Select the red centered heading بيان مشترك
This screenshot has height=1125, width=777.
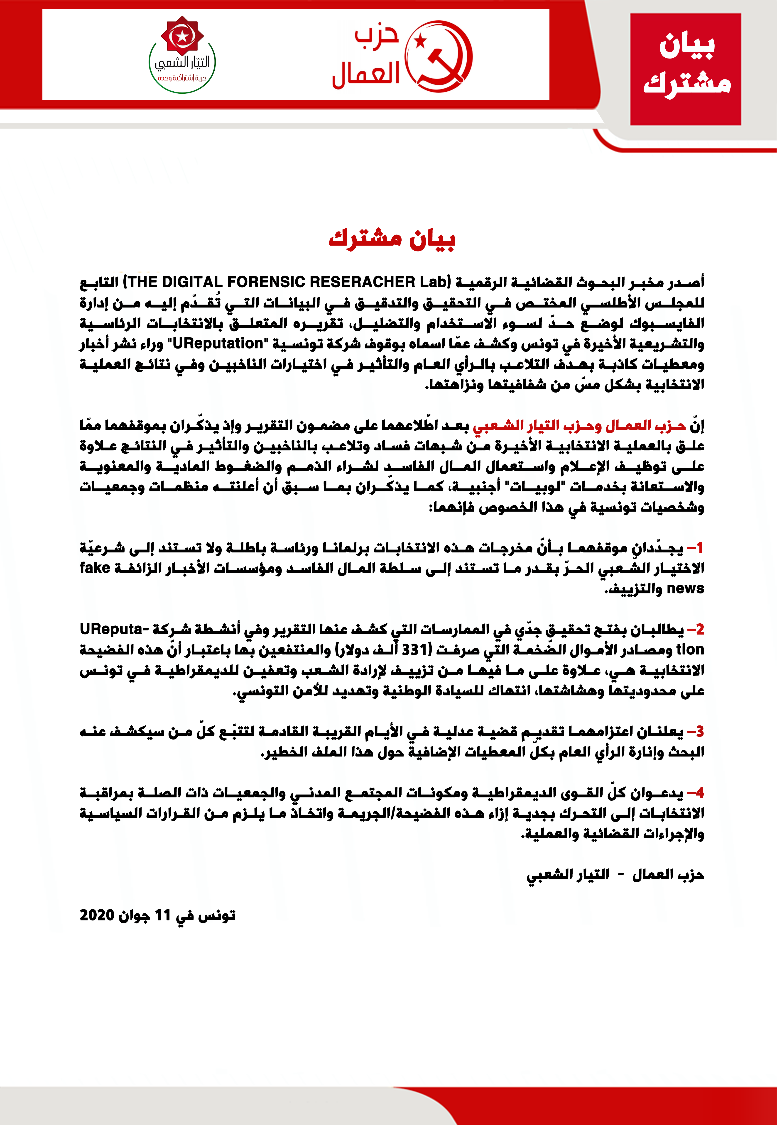392,239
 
